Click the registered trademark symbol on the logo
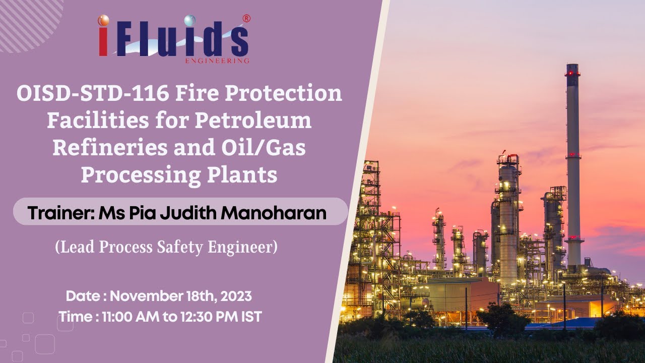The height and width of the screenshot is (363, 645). click(246, 19)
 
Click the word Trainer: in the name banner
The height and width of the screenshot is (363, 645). click(61, 213)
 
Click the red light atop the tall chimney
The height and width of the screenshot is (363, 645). click(572, 73)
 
